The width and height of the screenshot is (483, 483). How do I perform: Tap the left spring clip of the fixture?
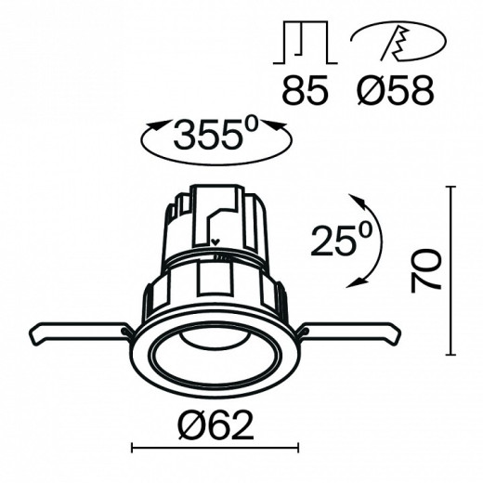[79, 332]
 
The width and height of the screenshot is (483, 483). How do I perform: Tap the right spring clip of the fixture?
[348, 331]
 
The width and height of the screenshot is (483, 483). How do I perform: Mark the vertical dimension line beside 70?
[451, 269]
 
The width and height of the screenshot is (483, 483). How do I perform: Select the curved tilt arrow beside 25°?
[368, 240]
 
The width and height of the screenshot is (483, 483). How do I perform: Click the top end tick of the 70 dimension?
[451, 187]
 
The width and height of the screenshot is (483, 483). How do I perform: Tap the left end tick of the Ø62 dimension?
[132, 450]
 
